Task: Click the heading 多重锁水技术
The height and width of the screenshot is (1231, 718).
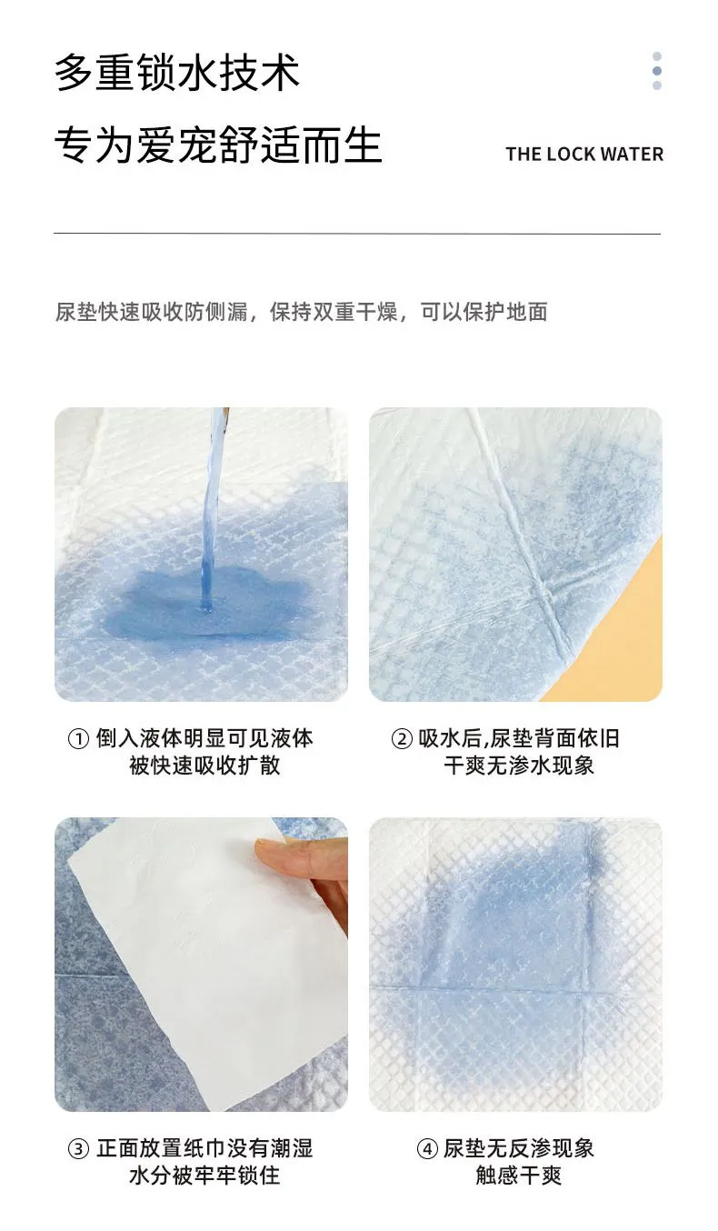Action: (177, 72)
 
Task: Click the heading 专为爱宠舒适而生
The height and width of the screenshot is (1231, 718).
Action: (218, 145)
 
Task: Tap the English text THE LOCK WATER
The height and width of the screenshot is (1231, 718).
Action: (584, 155)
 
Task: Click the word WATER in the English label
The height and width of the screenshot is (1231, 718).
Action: (632, 155)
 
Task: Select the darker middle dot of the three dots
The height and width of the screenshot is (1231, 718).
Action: (656, 71)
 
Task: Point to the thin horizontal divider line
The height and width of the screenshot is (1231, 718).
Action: (357, 234)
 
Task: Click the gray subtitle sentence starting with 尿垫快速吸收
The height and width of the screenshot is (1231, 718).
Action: (301, 312)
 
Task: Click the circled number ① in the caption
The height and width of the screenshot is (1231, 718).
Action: (78, 738)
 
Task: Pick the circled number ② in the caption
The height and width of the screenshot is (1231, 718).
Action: (402, 738)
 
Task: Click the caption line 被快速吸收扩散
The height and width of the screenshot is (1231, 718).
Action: (204, 765)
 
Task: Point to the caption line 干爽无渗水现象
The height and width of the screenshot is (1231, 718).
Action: (519, 765)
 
